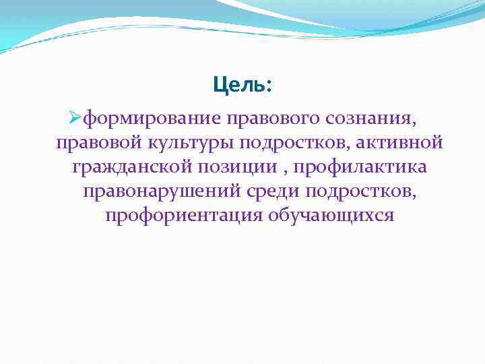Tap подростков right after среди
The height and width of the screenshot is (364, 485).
(x=360, y=191)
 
